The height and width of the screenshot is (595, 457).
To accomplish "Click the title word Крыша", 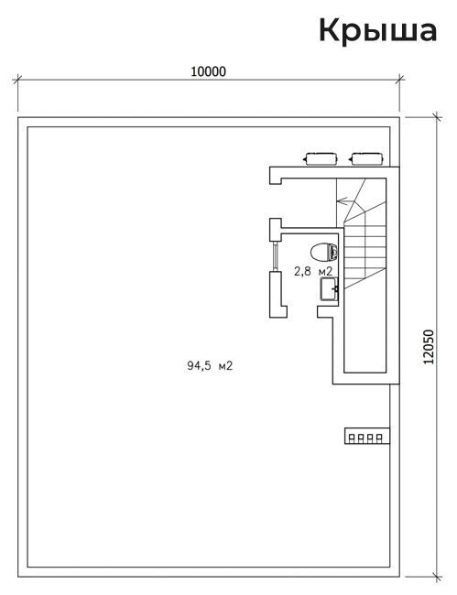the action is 377,31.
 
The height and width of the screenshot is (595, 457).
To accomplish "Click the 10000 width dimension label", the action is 208,71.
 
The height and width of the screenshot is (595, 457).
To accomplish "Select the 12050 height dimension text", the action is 429,347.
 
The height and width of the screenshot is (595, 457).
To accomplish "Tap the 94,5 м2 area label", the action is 210,365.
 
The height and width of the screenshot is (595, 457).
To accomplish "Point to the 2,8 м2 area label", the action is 313,271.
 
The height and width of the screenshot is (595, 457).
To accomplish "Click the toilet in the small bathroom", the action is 324,252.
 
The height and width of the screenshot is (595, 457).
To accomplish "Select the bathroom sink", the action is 329,289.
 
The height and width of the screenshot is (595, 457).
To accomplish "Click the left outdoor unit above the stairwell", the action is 321,159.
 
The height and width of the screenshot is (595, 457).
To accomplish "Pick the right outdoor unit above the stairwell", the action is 367,159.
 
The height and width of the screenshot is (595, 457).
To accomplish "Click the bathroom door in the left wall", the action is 275,256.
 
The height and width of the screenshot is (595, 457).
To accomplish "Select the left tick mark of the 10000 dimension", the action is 17,80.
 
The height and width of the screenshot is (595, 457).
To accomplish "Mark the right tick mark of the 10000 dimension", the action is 399,80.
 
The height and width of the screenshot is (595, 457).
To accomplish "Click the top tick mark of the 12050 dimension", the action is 437,117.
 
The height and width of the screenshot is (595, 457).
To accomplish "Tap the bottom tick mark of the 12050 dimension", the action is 437,577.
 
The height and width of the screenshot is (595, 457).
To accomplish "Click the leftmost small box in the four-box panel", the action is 352,438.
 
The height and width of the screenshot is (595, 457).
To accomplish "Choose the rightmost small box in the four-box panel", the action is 379,438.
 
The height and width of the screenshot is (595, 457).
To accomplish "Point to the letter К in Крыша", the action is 331,30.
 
